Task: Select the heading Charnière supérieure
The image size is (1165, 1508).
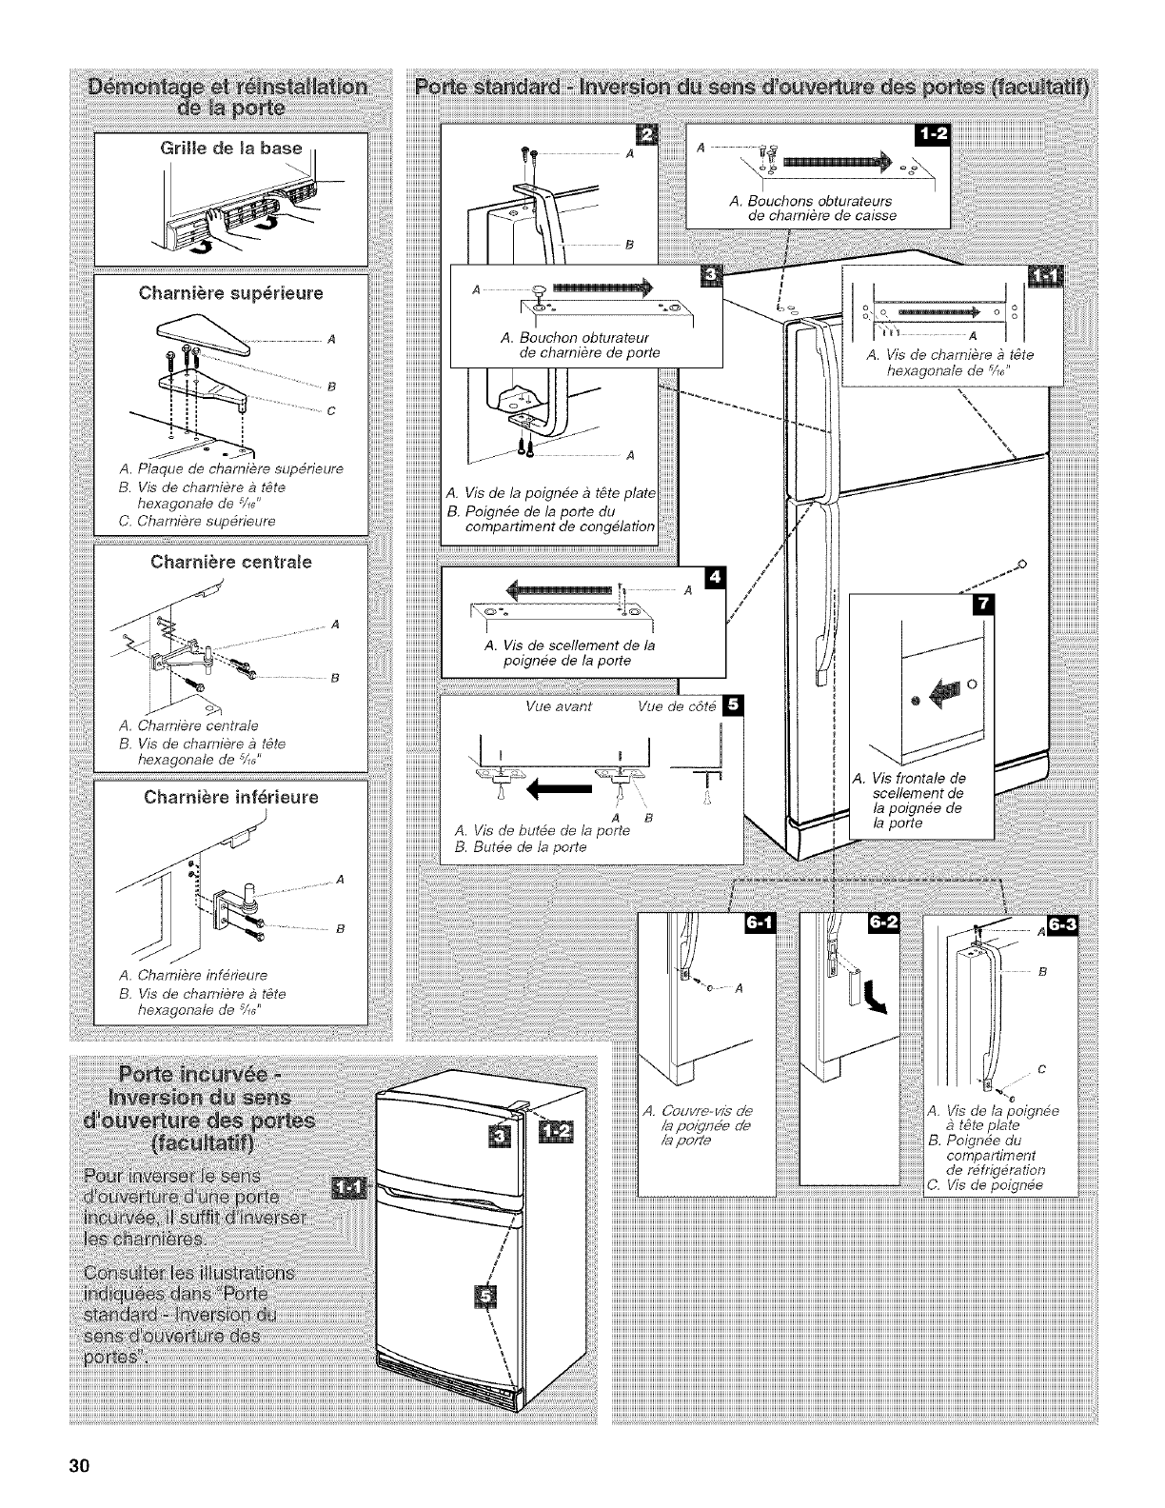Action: [231, 292]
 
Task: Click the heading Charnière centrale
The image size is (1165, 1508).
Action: [231, 562]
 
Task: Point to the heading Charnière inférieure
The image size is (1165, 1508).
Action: [231, 796]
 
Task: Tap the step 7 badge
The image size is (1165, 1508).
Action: [978, 605]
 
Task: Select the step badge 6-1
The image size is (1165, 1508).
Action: [761, 924]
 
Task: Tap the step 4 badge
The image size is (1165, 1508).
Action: [712, 579]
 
